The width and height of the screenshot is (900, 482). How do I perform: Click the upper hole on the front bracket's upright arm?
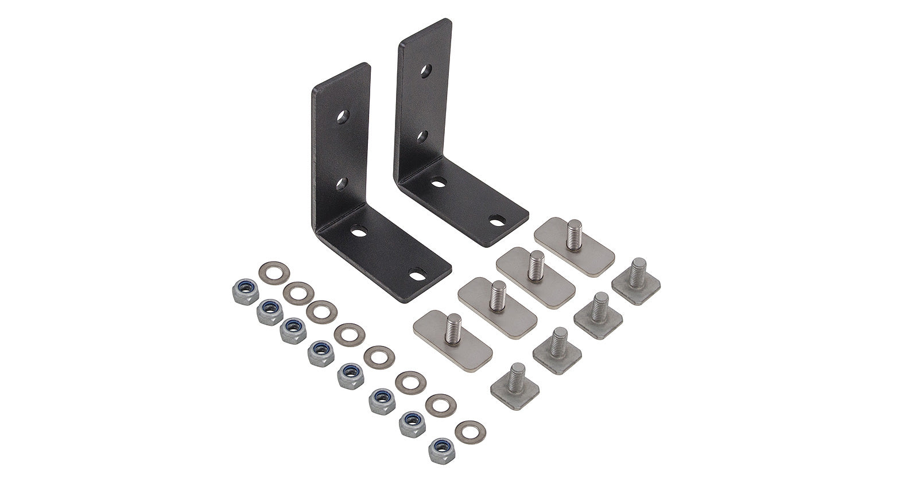343,117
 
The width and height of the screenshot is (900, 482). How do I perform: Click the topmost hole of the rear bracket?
426,71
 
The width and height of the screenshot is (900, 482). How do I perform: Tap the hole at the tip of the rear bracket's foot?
497,219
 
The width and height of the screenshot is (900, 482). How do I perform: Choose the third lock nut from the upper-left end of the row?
293,331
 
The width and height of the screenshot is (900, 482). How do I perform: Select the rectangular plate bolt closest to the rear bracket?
574,238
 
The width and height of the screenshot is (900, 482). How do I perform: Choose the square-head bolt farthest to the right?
636,279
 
